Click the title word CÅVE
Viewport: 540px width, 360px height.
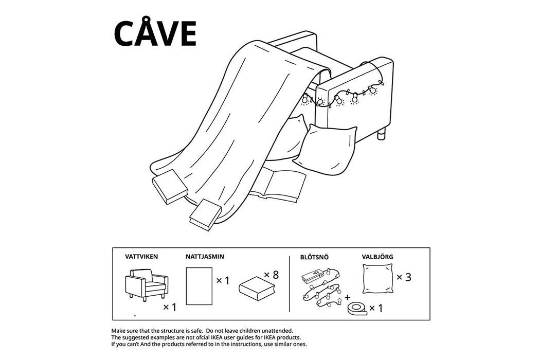click(x=155, y=31)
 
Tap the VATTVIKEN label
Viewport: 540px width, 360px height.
click(x=141, y=257)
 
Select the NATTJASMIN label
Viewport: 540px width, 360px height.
click(x=205, y=257)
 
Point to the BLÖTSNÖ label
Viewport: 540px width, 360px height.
click(x=314, y=257)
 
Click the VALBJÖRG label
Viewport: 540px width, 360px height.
click(x=377, y=257)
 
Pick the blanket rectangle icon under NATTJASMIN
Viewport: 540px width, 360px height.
click(x=199, y=286)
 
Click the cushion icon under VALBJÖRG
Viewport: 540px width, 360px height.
click(x=377, y=279)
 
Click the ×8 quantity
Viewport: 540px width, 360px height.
click(x=272, y=275)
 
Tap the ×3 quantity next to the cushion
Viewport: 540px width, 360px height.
click(x=404, y=277)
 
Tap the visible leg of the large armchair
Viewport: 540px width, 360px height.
click(x=382, y=134)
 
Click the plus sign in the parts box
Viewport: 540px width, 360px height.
click(x=348, y=297)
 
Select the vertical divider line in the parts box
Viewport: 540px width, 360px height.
click(x=290, y=284)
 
